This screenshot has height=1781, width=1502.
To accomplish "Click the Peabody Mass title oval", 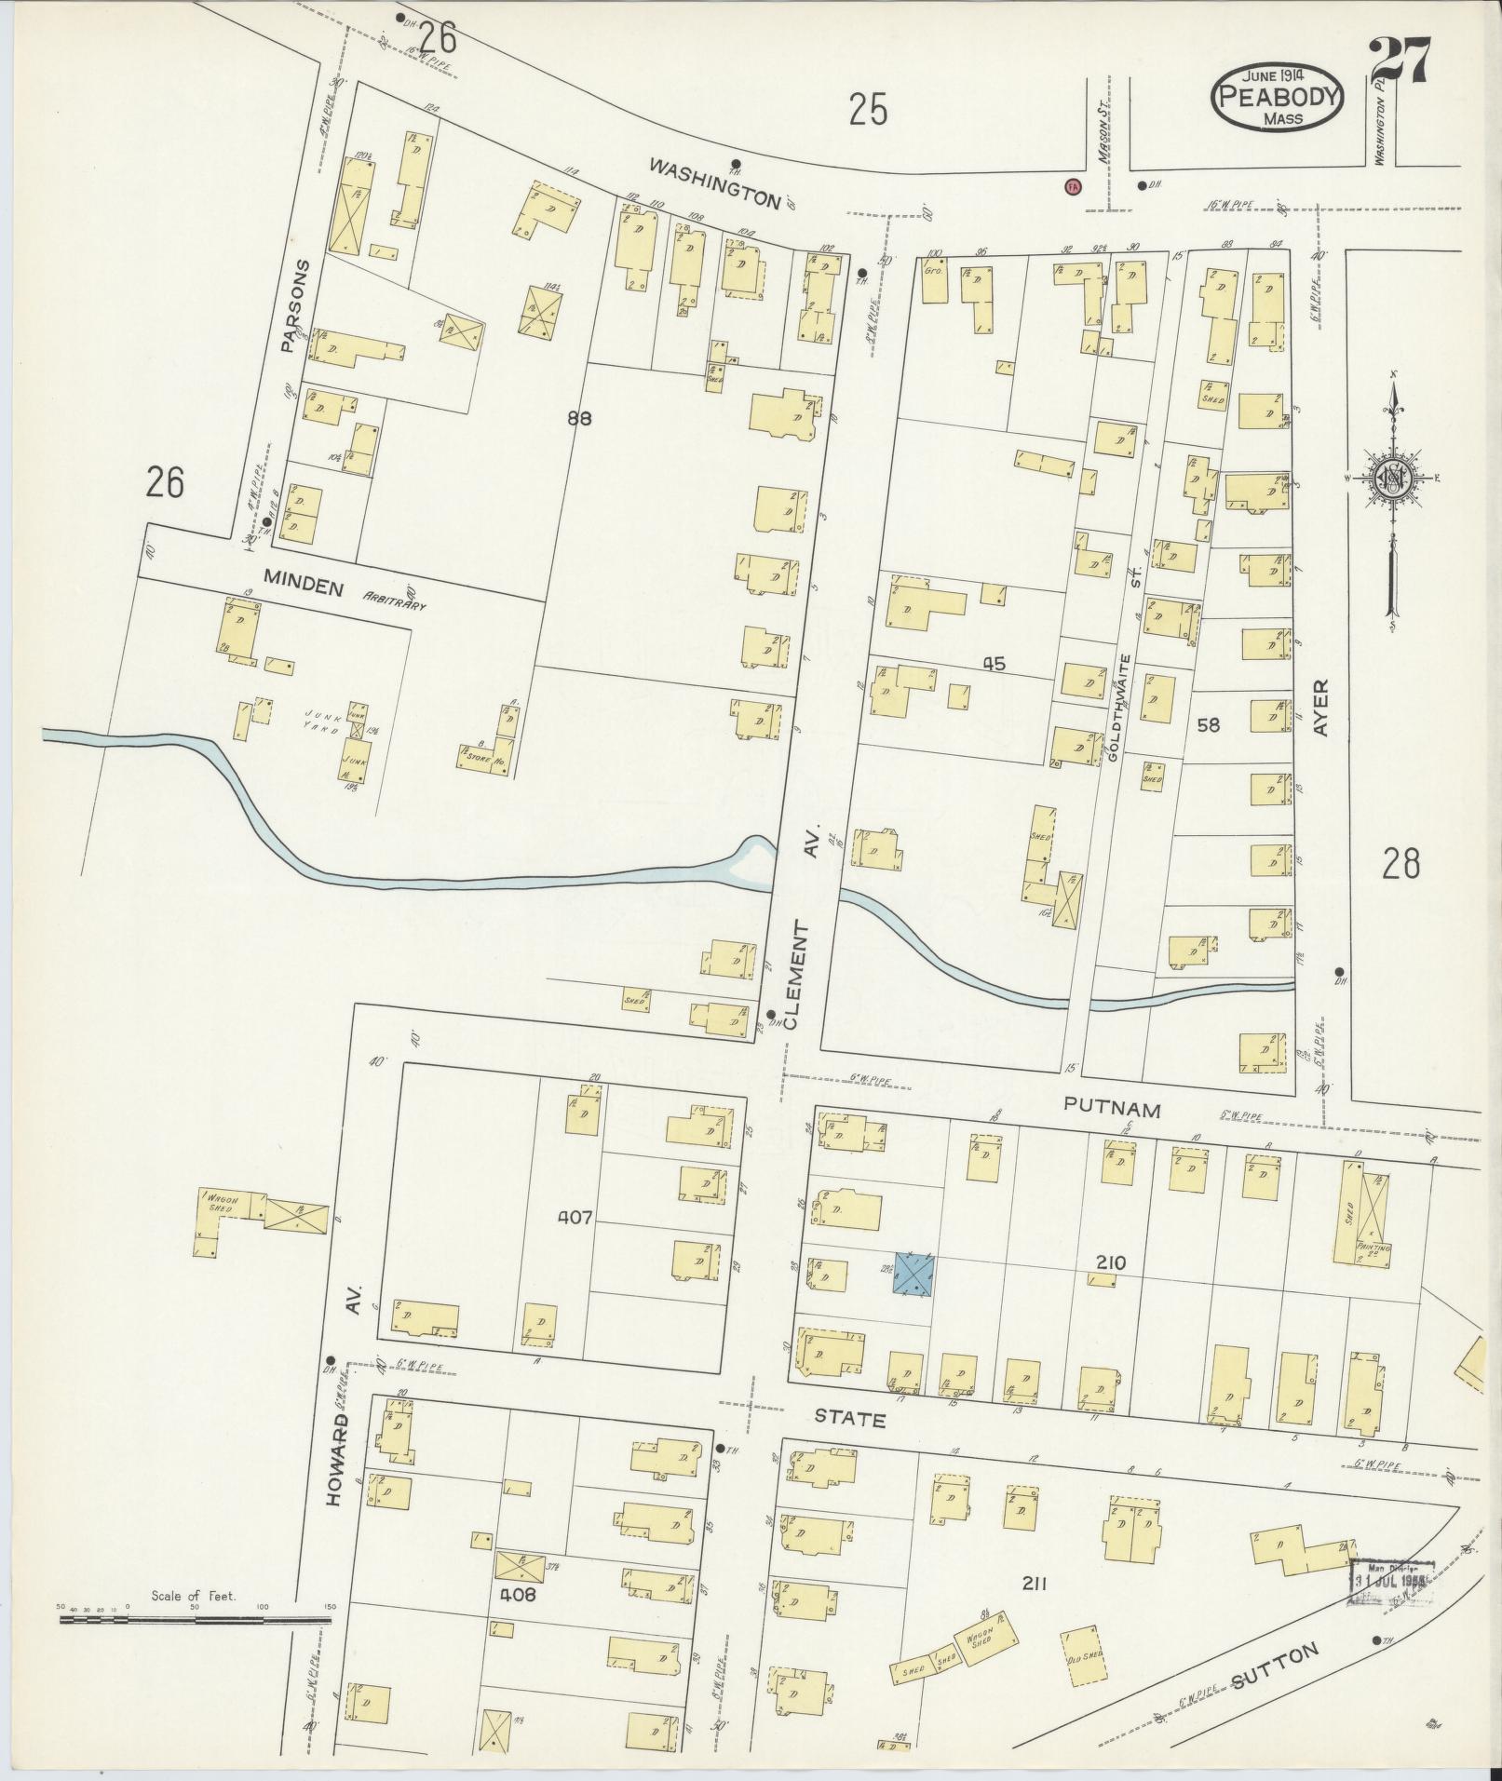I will click(1277, 98).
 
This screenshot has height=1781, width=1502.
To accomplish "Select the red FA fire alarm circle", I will click(1073, 185).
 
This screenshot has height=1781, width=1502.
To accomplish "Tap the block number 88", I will click(578, 418).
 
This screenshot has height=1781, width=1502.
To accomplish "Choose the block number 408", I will click(517, 1594).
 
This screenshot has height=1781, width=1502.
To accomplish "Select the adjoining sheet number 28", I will click(1400, 866).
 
